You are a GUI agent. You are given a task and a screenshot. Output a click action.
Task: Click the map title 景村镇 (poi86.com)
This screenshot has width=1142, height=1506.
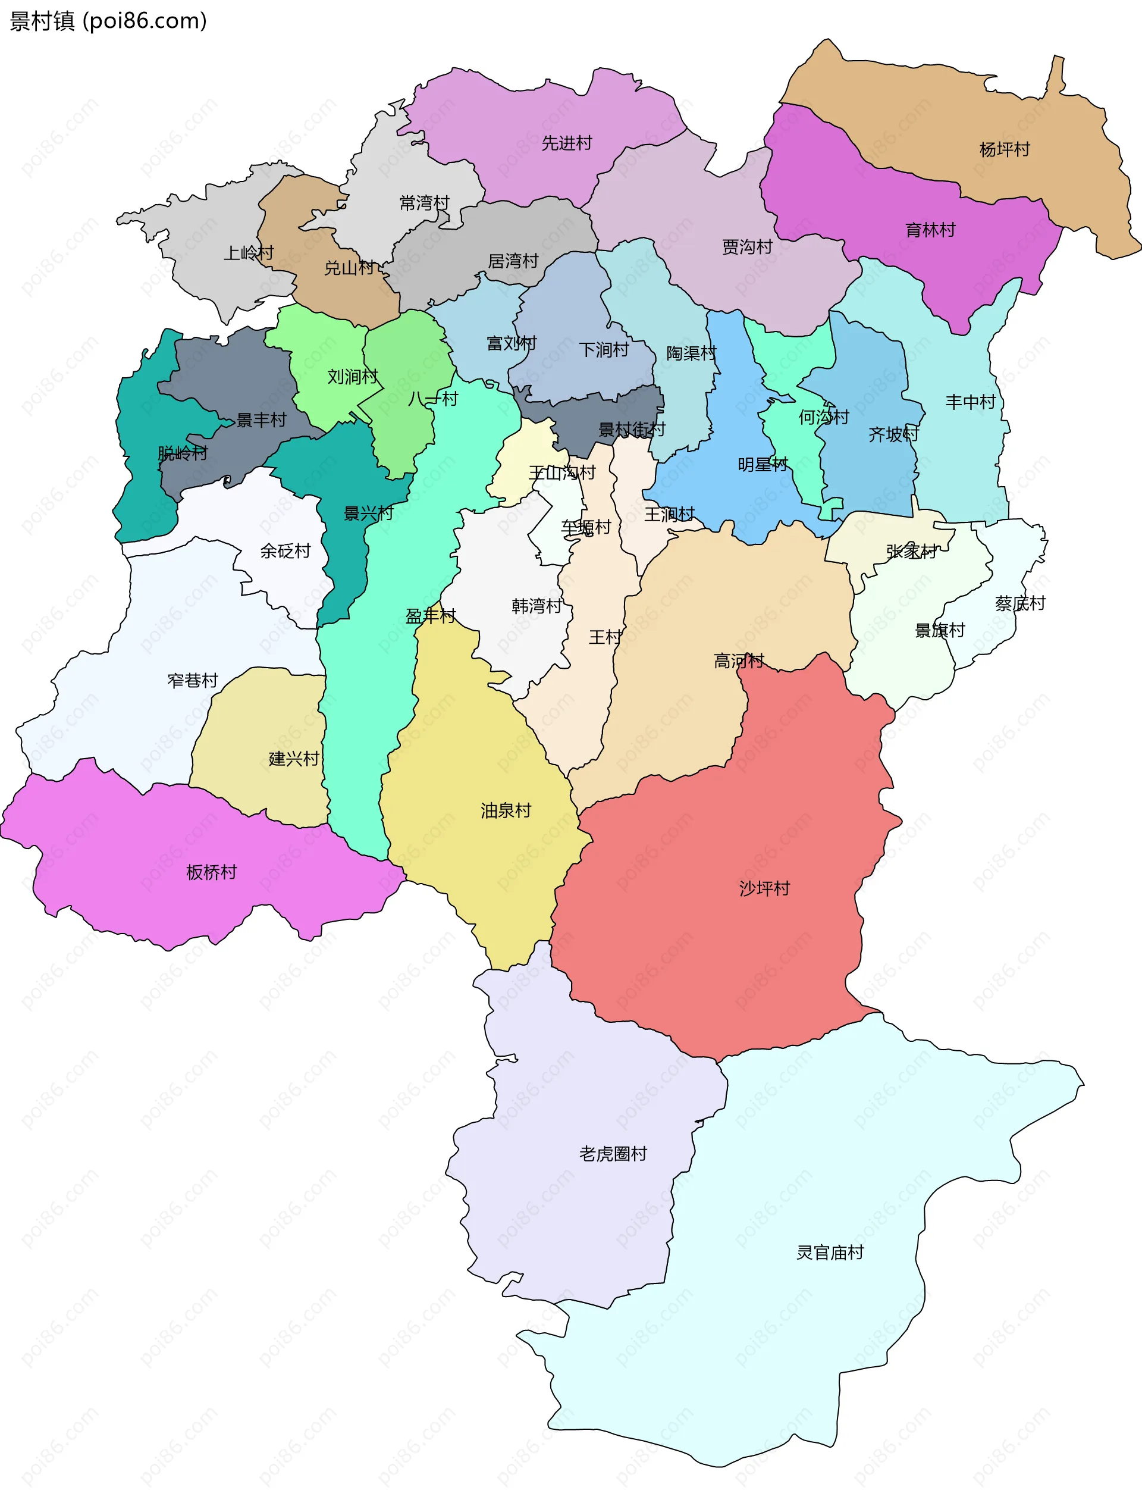click(108, 21)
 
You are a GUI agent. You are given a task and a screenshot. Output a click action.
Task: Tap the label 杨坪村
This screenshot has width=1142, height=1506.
click(1004, 149)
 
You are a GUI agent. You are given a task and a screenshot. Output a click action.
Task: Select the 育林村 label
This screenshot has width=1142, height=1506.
click(930, 230)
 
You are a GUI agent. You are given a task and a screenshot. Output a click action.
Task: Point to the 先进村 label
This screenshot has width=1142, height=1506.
click(566, 143)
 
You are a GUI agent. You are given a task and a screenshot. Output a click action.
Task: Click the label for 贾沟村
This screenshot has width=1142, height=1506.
click(746, 246)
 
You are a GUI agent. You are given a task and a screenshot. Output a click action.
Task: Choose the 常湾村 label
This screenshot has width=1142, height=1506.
click(424, 203)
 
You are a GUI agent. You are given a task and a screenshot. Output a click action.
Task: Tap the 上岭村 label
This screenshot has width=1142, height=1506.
click(249, 253)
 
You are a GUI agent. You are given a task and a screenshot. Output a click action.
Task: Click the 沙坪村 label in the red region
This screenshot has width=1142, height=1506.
click(764, 888)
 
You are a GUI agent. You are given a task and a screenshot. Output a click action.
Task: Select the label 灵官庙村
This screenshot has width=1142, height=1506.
click(830, 1253)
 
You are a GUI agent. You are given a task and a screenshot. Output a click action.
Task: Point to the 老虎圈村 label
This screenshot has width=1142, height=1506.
click(613, 1153)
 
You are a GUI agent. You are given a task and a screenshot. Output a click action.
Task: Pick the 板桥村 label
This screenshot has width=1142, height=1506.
click(211, 872)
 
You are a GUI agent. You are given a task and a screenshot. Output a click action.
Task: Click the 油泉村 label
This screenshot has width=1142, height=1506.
click(505, 810)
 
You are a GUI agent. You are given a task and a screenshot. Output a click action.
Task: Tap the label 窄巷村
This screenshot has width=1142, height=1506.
click(193, 680)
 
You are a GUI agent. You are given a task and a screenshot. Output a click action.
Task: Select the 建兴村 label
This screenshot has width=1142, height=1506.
click(293, 759)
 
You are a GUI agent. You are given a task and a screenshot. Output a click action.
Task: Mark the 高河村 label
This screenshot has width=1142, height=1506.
click(738, 660)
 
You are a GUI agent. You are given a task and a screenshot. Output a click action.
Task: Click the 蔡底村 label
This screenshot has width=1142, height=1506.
click(1019, 603)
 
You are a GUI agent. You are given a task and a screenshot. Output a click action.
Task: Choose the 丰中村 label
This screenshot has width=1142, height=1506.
click(970, 402)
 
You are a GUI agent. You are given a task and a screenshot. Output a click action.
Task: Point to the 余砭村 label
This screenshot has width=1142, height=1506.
click(285, 551)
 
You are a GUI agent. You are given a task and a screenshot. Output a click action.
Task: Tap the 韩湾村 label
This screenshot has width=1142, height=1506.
click(537, 606)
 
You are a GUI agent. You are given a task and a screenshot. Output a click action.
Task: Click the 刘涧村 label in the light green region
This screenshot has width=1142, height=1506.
click(353, 377)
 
